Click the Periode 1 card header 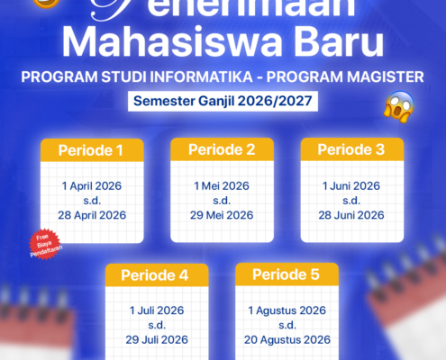tap(91, 149)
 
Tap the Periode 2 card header tap(222, 149)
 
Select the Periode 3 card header tap(351, 149)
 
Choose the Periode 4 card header tap(157, 274)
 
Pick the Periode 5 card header tap(287, 274)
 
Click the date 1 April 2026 tap(92, 184)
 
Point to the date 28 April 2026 tap(92, 216)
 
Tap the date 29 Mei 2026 tap(222, 216)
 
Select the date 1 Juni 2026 tap(351, 184)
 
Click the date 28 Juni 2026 tap(351, 216)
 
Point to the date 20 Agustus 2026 tap(287, 340)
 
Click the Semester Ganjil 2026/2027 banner tap(223, 101)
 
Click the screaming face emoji tap(397, 108)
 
